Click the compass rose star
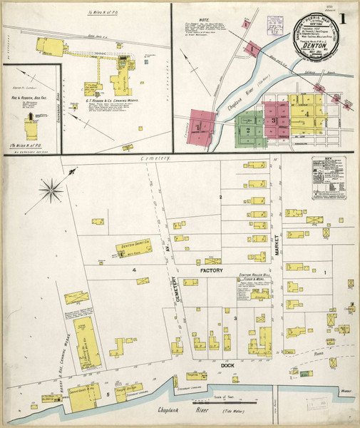[53, 189]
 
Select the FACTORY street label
[212, 272]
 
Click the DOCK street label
[227, 365]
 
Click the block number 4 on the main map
[134, 270]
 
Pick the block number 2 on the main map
[221, 196]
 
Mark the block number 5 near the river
[108, 393]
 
